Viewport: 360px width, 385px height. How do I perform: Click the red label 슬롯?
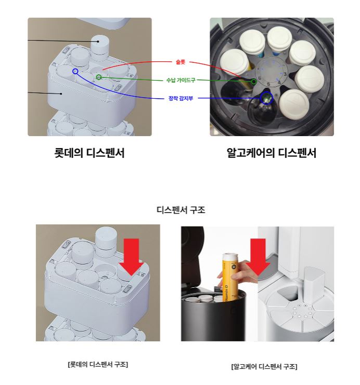(180, 62)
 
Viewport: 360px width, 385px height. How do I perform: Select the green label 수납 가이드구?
(181, 80)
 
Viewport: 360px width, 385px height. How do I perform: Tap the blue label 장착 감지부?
(181, 98)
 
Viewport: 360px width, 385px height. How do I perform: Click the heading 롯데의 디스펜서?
(89, 153)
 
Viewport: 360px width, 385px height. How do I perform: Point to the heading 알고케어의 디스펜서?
(272, 153)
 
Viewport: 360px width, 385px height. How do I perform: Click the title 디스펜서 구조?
(181, 210)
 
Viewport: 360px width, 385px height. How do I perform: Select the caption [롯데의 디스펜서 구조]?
(98, 364)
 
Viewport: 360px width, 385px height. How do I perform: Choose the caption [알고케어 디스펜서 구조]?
(264, 367)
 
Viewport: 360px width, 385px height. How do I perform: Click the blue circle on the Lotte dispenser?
(75, 72)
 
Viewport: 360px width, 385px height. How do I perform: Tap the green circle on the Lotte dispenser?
(99, 77)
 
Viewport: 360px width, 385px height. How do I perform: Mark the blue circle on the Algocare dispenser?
(266, 98)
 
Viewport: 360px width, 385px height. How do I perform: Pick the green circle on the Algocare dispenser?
(254, 81)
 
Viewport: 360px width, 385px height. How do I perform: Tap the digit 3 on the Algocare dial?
(285, 74)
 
